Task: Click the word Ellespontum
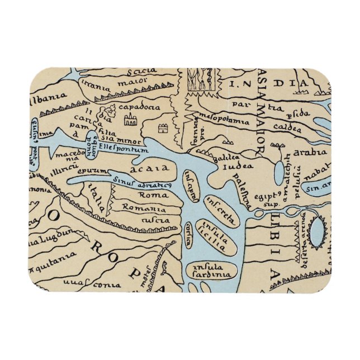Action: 122,149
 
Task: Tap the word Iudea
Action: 233,166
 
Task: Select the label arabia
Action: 310,151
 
